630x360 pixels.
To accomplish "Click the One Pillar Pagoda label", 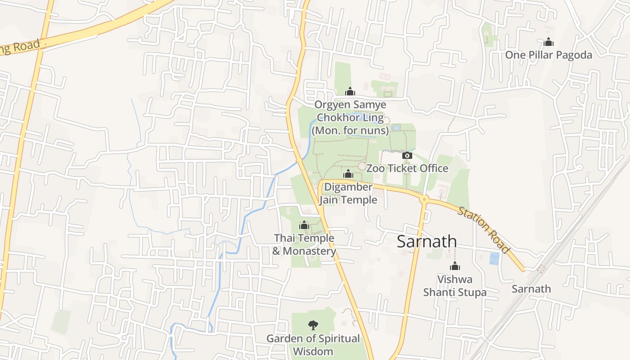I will point(548,55).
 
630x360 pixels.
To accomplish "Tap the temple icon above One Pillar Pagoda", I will point(548,42).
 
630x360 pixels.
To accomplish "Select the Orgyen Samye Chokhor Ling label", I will point(350,117).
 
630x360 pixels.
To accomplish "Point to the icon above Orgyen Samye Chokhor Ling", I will point(350,92).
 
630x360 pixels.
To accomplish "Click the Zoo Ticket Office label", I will point(407,168).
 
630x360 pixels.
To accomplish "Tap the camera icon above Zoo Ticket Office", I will point(407,156).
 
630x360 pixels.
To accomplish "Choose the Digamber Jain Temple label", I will point(348,193).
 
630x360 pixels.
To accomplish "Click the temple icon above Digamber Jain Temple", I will point(348,174).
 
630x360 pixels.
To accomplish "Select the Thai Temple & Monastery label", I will point(304,244).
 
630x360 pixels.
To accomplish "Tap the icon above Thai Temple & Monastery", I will point(304,225).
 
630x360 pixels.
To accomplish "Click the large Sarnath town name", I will point(427,242).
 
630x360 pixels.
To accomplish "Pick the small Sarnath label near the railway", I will point(531,289).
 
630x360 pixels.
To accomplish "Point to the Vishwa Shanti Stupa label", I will point(454,286).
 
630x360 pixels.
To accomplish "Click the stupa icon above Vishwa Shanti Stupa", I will point(454,266).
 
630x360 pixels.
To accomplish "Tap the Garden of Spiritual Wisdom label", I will point(313,345).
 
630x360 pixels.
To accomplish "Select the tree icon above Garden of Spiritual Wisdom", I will point(313,325).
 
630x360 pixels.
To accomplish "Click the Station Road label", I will point(484,230).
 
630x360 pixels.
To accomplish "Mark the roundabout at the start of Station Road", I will point(423,198).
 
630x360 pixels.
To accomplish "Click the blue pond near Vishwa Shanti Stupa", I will point(494,258).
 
